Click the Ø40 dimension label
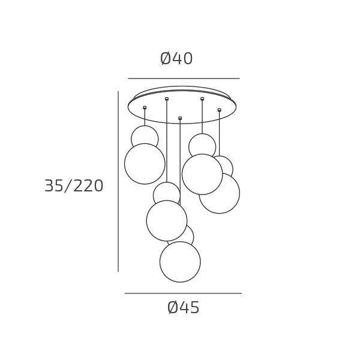pyautogui.click(x=176, y=59)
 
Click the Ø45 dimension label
pyautogui.click(x=183, y=308)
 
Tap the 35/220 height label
pyautogui.click(x=74, y=186)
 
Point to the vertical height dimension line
pyautogui.click(x=118, y=181)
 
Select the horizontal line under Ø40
pyautogui.click(x=184, y=79)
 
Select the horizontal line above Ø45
pyautogui.click(x=183, y=293)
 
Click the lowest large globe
pyautogui.click(x=180, y=262)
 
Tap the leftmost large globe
pyautogui.click(x=145, y=164)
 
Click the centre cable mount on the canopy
pyautogui.click(x=180, y=118)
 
